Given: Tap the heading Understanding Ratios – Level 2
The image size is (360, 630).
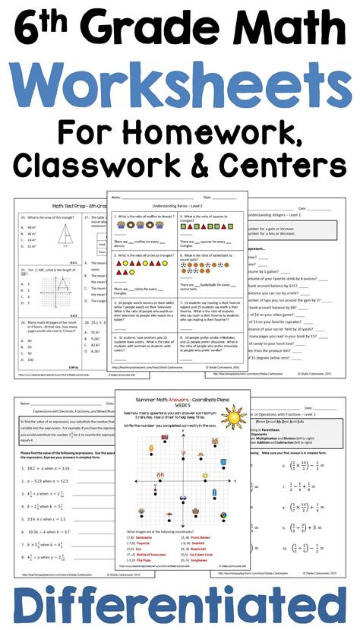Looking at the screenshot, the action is pos(179,205).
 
